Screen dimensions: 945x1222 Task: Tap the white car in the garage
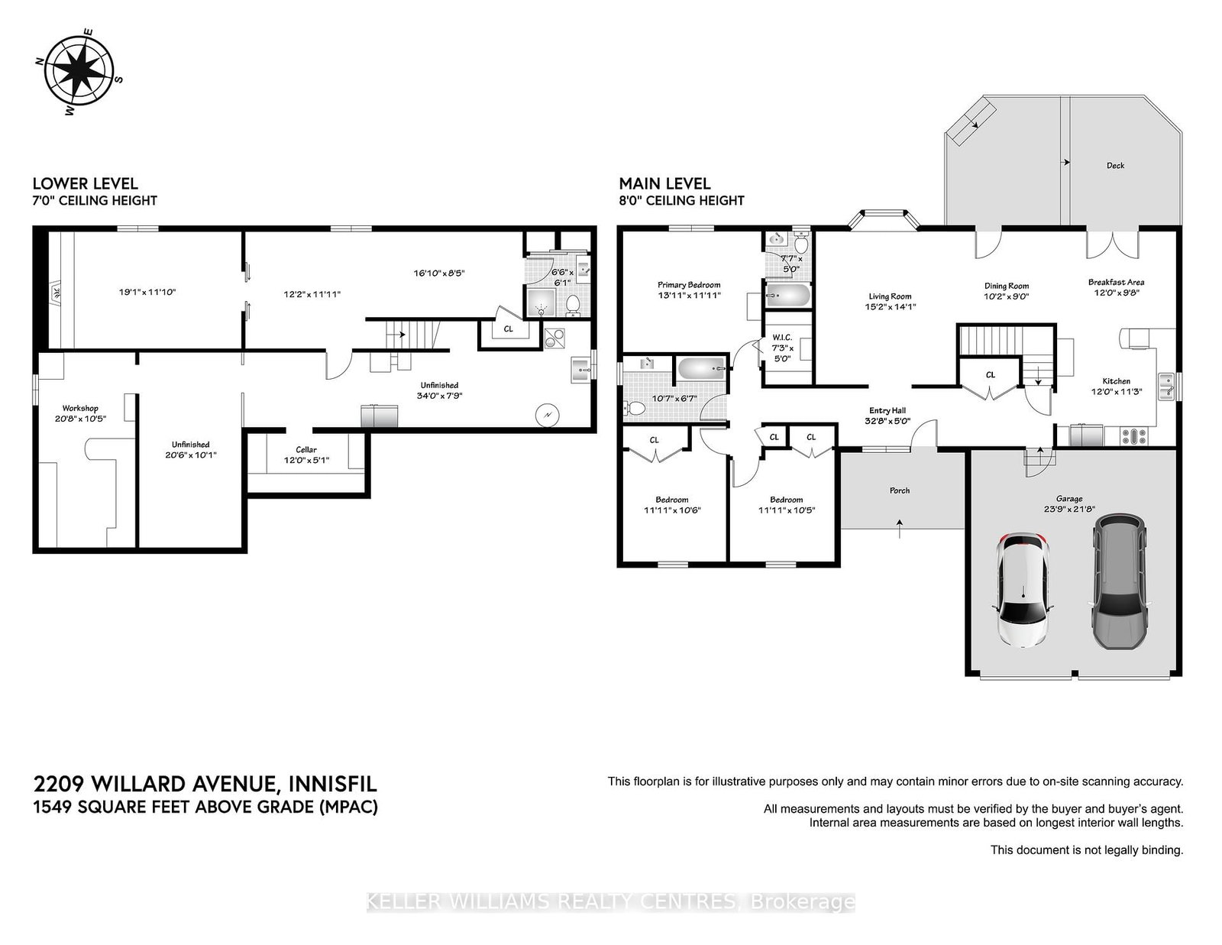pyautogui.click(x=1023, y=591)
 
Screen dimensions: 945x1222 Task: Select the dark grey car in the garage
pyautogui.click(x=1120, y=581)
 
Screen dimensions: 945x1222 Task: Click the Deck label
pyautogui.click(x=1115, y=165)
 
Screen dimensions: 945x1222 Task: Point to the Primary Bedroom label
pyautogui.click(x=689, y=285)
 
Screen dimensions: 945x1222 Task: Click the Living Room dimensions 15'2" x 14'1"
pyautogui.click(x=890, y=307)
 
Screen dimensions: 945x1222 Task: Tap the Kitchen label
pyautogui.click(x=1116, y=381)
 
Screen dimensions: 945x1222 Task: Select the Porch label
pyautogui.click(x=900, y=490)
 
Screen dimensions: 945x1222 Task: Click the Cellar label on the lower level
pyautogui.click(x=306, y=450)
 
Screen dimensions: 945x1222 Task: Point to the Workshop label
pyautogui.click(x=80, y=409)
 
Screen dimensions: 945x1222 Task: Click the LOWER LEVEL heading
pyautogui.click(x=85, y=183)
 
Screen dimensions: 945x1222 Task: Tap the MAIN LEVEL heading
pyautogui.click(x=664, y=183)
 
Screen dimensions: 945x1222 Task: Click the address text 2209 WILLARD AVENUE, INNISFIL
pyautogui.click(x=205, y=784)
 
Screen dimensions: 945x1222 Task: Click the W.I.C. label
pyautogui.click(x=782, y=337)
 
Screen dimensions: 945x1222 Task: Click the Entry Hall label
pyautogui.click(x=887, y=410)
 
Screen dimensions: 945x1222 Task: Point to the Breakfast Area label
pyautogui.click(x=1116, y=282)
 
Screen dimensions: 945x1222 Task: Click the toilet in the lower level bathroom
pyautogui.click(x=574, y=306)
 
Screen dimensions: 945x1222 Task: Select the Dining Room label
pyautogui.click(x=1007, y=286)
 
